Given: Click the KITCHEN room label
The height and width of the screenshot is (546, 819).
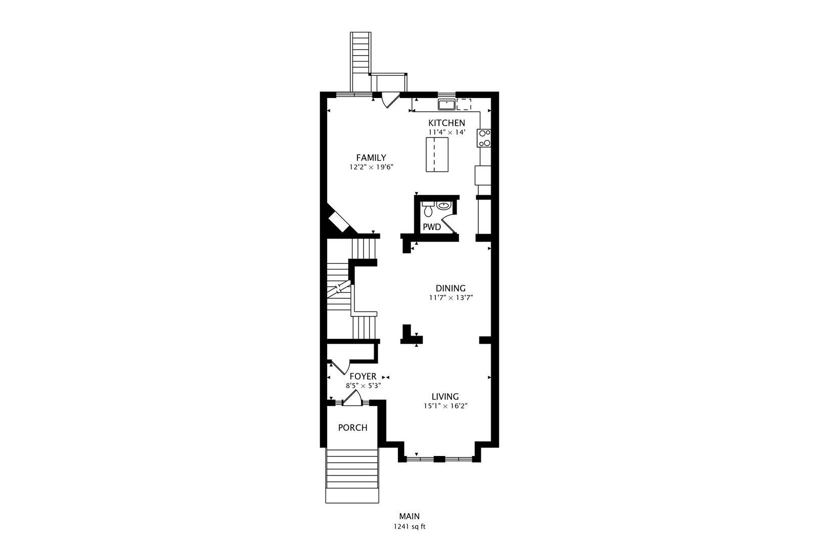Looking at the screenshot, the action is coord(446,123).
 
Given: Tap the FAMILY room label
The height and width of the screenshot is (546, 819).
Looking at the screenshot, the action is coord(371,158).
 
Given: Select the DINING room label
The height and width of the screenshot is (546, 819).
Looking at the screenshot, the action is coord(450,288).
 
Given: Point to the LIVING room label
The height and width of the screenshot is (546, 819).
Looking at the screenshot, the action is coord(445,396).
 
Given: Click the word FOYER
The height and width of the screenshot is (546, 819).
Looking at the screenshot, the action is coord(362,376).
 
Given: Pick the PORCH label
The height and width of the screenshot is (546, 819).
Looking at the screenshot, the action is coord(352,428).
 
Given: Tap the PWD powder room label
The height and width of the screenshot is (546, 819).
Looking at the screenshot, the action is coord(432,227).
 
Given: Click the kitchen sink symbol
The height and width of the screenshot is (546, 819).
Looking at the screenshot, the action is coord(446,104).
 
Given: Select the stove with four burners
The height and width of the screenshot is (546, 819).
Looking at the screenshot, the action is coord(484,138).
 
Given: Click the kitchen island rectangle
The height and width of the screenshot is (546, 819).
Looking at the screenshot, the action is coord(437,154).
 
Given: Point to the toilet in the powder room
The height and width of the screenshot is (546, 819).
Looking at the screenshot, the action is coord(428,209).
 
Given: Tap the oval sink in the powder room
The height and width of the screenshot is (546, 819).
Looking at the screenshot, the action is coord(443,206).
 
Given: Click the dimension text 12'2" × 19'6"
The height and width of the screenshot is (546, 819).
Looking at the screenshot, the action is coord(371,167).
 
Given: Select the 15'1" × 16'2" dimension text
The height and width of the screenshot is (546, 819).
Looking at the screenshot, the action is coord(446,406).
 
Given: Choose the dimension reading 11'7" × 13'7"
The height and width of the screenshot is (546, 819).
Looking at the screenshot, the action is coord(451,298).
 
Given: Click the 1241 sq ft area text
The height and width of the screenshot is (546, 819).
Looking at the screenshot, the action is coord(409,527).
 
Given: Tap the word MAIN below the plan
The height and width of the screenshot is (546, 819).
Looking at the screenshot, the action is coord(409,516).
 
